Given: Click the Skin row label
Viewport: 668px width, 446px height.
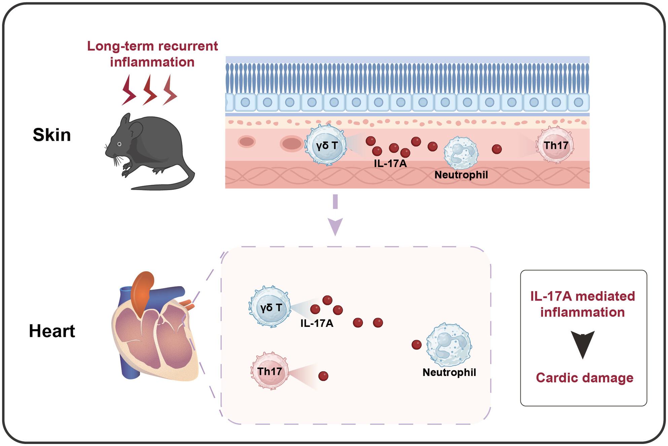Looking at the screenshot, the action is click(52, 135).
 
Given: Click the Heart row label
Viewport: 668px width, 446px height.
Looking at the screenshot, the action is click(52, 331).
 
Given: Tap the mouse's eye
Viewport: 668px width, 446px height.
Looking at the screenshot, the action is click(119, 144).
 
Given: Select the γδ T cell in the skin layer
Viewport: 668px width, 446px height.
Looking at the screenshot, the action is click(326, 145).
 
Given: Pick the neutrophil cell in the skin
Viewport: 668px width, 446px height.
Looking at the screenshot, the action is click(461, 153).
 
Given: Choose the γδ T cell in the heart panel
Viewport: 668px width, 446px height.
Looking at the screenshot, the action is click(270, 307).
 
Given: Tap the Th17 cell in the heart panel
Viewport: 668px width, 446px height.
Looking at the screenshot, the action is click(270, 371).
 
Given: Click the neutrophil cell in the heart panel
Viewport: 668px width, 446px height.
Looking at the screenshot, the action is click(449, 344).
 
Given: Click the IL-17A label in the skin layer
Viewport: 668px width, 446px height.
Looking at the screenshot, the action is click(390, 164).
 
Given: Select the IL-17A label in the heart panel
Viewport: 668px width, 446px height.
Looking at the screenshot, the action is click(317, 323).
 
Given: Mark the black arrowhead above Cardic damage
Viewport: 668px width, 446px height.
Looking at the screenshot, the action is click(583, 344).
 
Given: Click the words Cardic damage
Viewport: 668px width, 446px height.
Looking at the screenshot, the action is click(584, 378).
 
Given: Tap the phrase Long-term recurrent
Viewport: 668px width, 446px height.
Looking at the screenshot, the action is click(153, 46).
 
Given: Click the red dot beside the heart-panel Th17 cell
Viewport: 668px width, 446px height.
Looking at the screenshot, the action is click(323, 376).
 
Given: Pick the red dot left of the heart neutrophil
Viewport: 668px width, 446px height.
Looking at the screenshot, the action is click(416, 345).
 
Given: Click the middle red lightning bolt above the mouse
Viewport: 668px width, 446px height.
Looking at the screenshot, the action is click(149, 90).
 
